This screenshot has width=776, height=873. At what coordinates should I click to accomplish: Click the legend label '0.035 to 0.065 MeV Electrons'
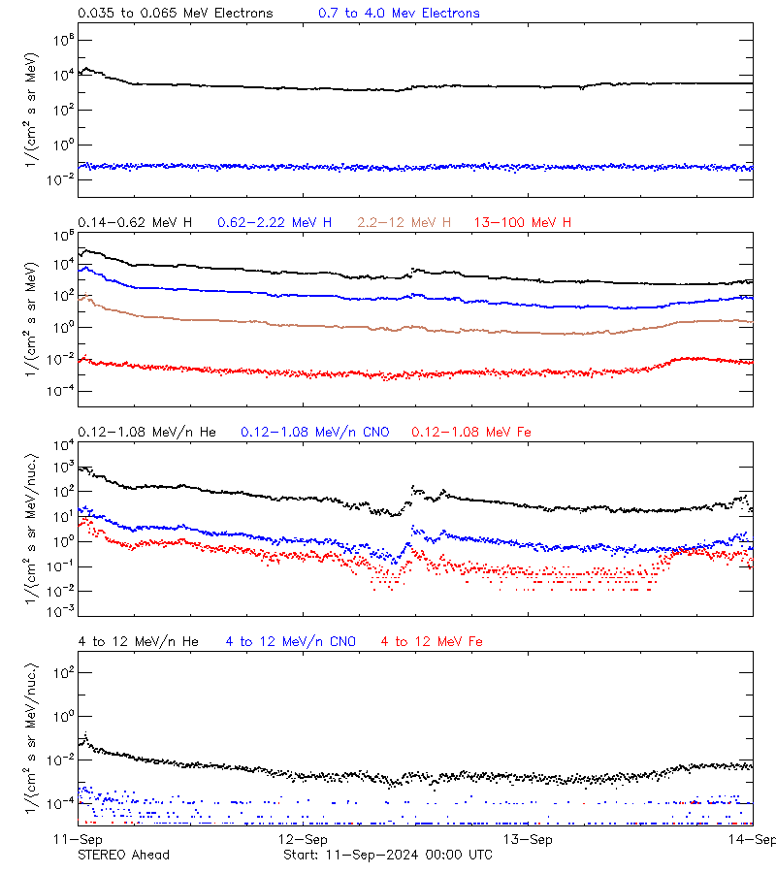tap(175, 14)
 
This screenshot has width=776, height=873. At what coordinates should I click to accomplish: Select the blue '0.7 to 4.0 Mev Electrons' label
tap(399, 14)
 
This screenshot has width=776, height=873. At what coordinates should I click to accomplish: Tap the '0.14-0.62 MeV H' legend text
tap(135, 223)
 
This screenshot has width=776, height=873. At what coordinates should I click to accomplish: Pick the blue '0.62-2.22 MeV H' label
tap(275, 223)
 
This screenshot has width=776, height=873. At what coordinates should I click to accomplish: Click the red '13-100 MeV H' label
tap(523, 223)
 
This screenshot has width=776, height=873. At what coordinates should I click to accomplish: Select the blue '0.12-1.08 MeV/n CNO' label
tap(314, 432)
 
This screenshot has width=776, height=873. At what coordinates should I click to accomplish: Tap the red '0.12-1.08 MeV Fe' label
tap(471, 432)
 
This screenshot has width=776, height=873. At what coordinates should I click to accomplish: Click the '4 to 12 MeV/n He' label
tap(138, 641)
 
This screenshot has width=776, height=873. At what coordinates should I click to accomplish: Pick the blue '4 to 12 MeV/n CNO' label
tap(290, 641)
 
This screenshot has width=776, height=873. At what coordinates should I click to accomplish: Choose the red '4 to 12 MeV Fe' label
tap(432, 641)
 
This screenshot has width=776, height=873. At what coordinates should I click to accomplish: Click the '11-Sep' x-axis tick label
tap(78, 839)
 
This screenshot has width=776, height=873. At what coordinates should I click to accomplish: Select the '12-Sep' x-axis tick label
tap(303, 839)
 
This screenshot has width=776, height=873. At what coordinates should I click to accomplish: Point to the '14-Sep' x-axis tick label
tap(753, 839)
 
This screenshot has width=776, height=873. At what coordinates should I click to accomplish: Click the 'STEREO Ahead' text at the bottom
tap(123, 855)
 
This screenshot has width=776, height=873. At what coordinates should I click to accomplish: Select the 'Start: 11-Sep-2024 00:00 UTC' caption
tap(387, 855)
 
